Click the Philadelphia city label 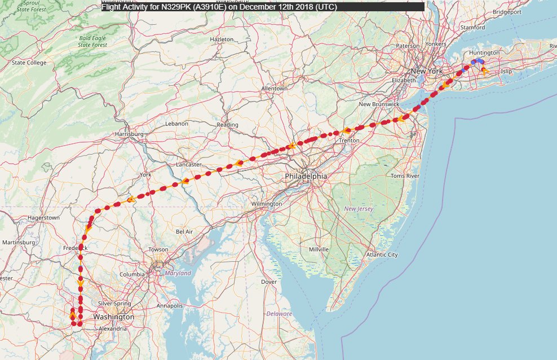tap(306, 176)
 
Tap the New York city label tap(427, 71)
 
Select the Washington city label tap(114, 317)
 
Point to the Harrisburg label tap(129, 134)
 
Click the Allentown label tap(275, 89)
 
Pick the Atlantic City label tap(382, 254)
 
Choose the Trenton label tap(349, 141)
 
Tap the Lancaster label tap(188, 164)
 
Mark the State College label tap(29, 63)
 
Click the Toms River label tap(405, 176)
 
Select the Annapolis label tap(170, 306)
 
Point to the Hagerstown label tap(43, 217)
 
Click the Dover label tap(269, 282)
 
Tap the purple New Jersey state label tap(359, 209)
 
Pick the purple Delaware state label tap(279, 314)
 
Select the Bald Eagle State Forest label tap(92, 41)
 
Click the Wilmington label tap(267, 203)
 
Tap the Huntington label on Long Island tap(484, 52)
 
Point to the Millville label tap(319, 249)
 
